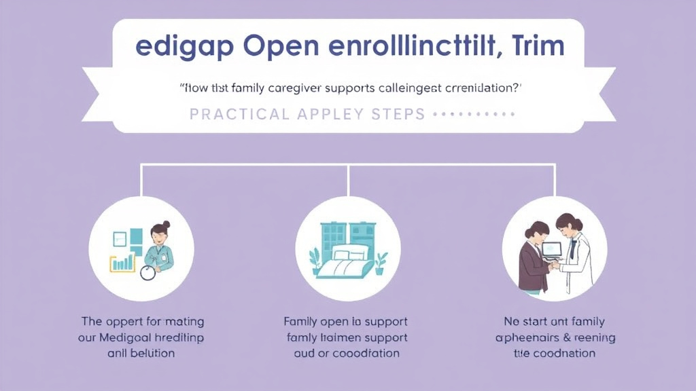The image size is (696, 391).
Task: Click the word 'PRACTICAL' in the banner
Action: click(x=239, y=114)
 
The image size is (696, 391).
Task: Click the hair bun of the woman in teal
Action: click(x=166, y=224)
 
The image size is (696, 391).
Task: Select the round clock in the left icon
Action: click(x=147, y=273)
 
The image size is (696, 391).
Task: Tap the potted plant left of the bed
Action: click(x=315, y=260)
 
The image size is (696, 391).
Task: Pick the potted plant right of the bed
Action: click(x=381, y=261)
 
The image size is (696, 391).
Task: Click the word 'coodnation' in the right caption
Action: click(x=563, y=353)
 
